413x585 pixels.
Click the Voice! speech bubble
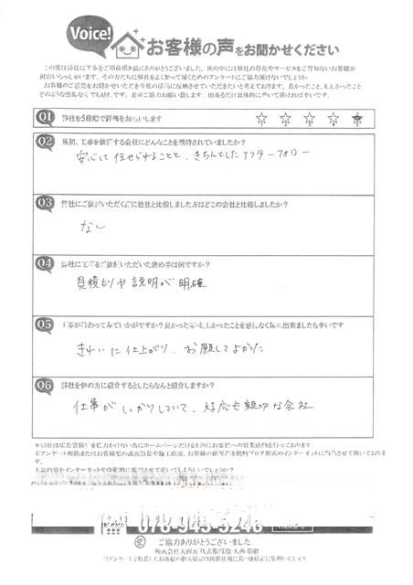90,34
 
